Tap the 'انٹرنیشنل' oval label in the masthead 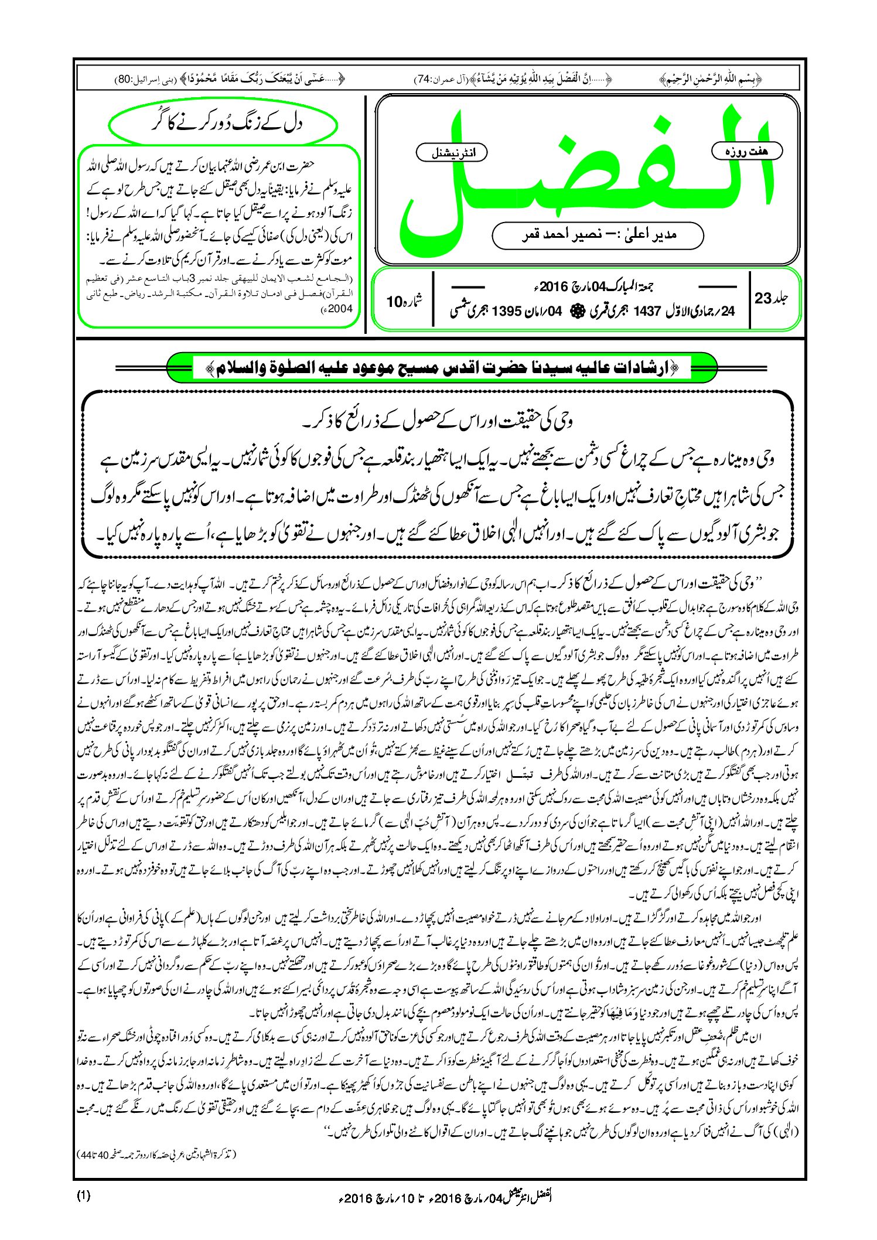click(x=451, y=153)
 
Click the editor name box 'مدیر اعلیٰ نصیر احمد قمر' click(x=598, y=235)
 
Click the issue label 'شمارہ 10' click(x=404, y=302)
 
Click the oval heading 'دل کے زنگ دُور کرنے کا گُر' click(x=223, y=125)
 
